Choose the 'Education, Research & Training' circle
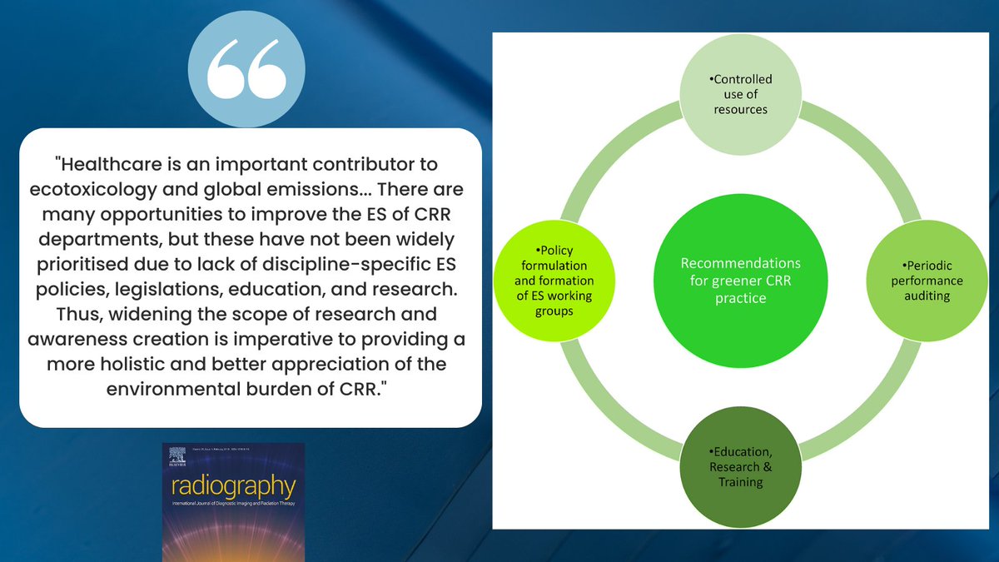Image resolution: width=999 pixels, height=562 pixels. [740, 467]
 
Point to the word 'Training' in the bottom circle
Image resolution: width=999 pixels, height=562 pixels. [740, 482]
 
